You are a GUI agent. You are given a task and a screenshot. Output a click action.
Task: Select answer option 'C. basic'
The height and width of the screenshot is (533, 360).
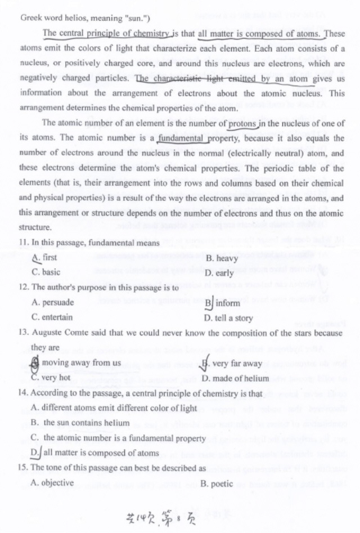(46, 272)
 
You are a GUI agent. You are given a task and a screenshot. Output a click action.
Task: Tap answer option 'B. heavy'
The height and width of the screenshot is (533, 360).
(222, 258)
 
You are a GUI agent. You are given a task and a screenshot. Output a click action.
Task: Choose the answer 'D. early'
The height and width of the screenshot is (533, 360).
(219, 274)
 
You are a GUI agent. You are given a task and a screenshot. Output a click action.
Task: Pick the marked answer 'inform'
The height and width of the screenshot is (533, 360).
(227, 303)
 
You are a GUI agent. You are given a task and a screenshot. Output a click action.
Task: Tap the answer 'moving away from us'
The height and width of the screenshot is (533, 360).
(81, 362)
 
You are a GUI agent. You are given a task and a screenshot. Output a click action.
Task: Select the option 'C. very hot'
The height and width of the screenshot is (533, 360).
(51, 378)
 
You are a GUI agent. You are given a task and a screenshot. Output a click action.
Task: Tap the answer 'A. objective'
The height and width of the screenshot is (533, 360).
(52, 482)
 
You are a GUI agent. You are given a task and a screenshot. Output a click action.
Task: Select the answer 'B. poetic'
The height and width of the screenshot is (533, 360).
(217, 483)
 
